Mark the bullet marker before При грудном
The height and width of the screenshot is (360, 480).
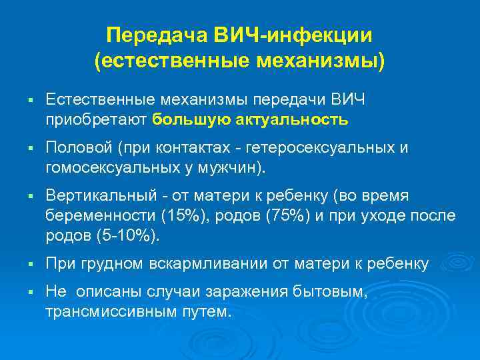pos(31,265)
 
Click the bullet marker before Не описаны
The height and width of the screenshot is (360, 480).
pos(31,293)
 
